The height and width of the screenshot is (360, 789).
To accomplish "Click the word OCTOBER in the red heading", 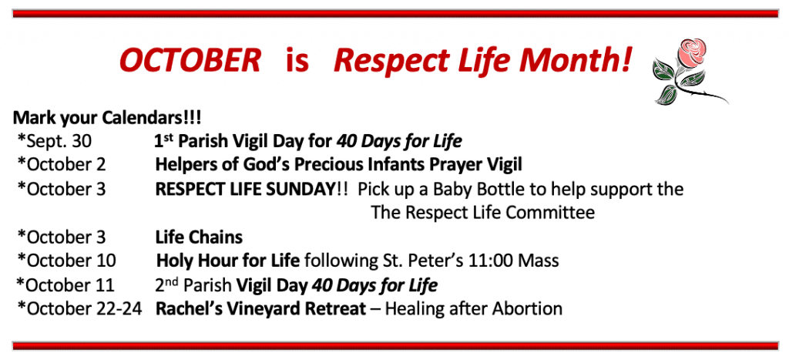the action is (x=190, y=60).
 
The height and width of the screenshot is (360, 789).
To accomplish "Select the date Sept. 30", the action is (x=55, y=142).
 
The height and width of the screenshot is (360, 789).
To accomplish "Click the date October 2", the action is (x=62, y=165).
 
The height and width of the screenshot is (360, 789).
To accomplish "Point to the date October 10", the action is (x=66, y=261).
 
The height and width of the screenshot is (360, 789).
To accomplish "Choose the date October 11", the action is (x=65, y=285).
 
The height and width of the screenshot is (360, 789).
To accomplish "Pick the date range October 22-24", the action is (x=80, y=308).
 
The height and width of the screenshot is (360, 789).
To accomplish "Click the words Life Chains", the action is (x=200, y=237).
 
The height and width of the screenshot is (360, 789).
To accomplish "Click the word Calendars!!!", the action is (x=152, y=118).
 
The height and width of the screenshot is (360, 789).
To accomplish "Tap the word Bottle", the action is (x=510, y=190).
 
